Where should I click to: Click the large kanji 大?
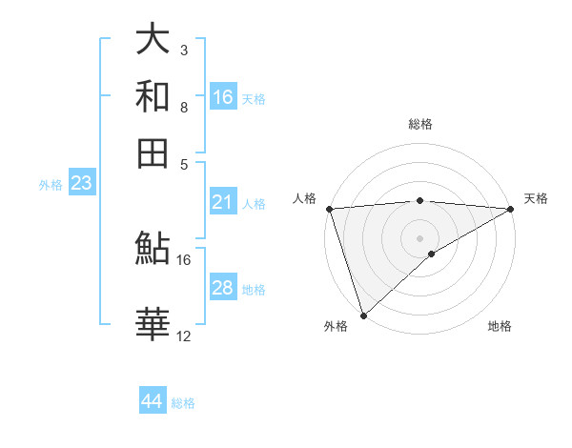click(153, 40)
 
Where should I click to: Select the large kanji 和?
click(153, 96)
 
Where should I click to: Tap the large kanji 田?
click(153, 153)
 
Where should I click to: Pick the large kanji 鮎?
click(153, 249)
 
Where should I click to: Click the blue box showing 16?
click(223, 97)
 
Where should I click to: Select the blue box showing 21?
click(223, 202)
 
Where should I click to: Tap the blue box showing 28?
click(223, 288)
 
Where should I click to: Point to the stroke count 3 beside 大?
click(184, 50)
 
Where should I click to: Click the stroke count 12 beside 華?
click(184, 336)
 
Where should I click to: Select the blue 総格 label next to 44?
click(183, 403)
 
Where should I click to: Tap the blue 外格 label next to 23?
click(50, 185)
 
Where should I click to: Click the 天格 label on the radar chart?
click(536, 198)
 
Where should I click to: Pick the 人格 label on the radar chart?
click(304, 198)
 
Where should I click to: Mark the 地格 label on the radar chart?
click(500, 326)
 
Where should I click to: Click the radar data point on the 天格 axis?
click(511, 208)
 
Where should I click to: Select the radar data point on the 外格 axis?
click(363, 315)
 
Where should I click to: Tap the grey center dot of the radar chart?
click(419, 237)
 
